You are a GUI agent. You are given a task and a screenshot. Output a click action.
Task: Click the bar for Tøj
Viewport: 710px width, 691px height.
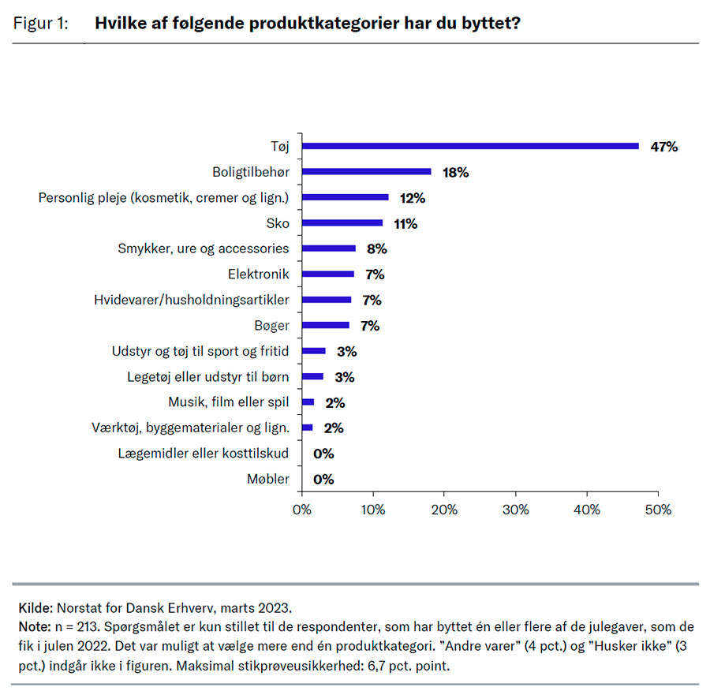(x=470, y=146)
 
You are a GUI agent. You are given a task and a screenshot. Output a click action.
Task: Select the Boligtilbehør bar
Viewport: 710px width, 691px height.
(x=367, y=171)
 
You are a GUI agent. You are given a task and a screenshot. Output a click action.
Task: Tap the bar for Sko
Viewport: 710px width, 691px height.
(x=342, y=222)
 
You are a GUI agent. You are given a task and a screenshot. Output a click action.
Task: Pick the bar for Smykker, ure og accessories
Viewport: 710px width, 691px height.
(x=329, y=248)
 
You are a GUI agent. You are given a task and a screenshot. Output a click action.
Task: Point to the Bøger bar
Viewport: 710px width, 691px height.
(x=326, y=325)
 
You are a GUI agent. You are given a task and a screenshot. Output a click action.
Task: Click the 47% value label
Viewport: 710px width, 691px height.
(x=664, y=147)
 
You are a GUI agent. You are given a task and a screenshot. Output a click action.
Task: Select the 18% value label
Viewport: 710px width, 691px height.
(x=455, y=172)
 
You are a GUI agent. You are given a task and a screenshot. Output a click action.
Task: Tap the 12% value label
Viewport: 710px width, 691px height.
(x=412, y=197)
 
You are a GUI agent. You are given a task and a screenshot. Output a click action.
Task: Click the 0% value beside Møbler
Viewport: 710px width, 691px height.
(x=323, y=479)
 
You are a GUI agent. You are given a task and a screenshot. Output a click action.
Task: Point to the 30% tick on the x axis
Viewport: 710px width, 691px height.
(x=516, y=510)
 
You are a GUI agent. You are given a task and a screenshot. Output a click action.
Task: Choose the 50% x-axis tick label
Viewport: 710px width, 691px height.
(x=658, y=510)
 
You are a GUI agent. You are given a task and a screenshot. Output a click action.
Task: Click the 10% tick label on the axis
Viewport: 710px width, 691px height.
(x=373, y=510)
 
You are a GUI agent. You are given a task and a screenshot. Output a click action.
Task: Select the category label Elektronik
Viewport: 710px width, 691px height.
(x=257, y=274)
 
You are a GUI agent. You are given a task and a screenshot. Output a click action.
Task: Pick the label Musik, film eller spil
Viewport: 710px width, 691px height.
(x=229, y=402)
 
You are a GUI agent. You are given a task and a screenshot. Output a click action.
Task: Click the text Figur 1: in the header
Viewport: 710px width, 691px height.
(x=40, y=23)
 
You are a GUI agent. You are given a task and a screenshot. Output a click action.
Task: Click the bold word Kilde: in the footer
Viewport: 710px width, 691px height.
(x=35, y=608)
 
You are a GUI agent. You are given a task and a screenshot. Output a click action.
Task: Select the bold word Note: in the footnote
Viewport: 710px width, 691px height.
(x=34, y=626)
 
